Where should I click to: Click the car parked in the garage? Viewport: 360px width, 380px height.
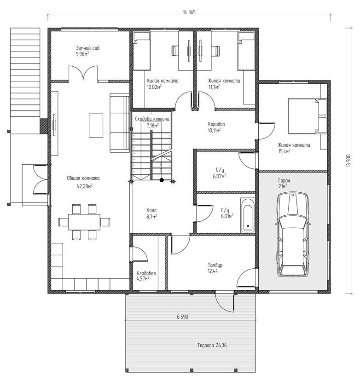pos(293,234)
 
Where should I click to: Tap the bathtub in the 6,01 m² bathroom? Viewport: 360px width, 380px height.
pos(248,215)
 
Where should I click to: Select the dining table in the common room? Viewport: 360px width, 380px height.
pos(84,222)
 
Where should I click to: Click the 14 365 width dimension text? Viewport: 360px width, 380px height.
pos(189,12)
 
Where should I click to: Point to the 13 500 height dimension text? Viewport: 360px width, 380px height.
pos(349,161)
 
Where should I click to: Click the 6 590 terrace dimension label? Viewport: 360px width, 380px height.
pos(182,317)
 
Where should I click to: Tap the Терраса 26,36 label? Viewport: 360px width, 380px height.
pos(212,345)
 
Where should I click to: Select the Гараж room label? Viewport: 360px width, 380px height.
pos(285,180)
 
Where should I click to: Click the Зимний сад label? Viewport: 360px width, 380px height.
pos(88,48)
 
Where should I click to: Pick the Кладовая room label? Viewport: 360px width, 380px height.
pos(146,273)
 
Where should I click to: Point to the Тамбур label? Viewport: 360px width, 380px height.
pos(215,265)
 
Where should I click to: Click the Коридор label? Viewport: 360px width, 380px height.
pos(216,124)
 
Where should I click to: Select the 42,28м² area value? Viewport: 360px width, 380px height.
pos(85,186)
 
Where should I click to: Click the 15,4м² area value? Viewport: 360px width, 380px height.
pos(285,151)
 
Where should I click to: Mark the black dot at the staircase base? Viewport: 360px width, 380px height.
pos(162,180)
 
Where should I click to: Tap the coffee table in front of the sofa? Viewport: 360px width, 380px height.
pos(96,126)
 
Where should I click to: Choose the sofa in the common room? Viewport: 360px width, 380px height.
pos(120,123)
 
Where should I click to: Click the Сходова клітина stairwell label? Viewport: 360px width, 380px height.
pos(152,119)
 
